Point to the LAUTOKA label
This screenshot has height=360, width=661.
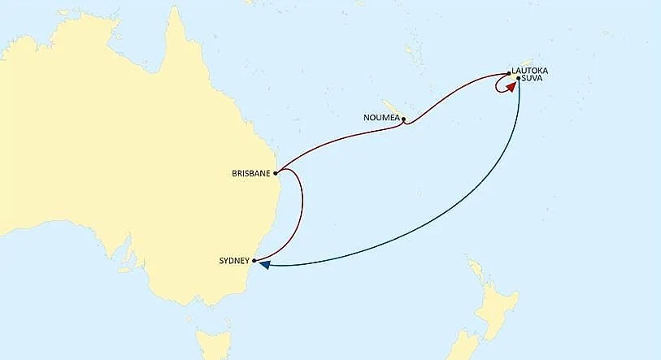(530, 72)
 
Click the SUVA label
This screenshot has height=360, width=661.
(533, 79)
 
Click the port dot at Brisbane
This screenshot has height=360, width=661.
(276, 173)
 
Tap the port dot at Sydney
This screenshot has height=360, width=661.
(254, 261)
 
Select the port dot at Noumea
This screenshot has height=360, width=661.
(403, 119)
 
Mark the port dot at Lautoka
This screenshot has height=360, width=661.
(509, 72)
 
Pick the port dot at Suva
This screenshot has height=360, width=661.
(519, 78)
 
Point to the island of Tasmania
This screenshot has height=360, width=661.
(210, 340)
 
